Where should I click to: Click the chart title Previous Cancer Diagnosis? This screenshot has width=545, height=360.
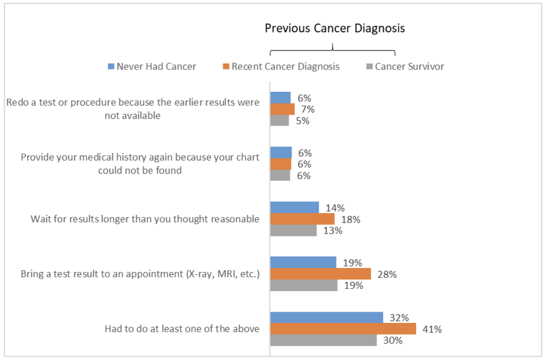335,29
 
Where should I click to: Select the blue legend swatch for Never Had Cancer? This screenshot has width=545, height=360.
110,67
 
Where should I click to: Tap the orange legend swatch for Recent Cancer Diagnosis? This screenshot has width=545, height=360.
226,67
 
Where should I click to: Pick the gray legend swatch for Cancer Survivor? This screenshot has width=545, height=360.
369,67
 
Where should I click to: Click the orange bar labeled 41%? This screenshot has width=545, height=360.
343,329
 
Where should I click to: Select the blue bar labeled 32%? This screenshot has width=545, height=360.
327,318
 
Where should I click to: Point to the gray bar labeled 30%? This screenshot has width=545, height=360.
323,340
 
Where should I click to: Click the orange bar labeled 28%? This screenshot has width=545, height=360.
321,274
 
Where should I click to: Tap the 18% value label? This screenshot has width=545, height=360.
352,220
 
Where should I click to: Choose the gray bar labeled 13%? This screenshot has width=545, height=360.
293,231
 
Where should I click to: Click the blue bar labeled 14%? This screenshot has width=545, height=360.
294,208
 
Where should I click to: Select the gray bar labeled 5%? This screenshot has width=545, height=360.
279,121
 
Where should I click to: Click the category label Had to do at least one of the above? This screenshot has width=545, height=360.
182,329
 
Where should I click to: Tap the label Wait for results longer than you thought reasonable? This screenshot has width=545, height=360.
145,219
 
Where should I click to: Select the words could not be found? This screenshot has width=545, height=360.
140,171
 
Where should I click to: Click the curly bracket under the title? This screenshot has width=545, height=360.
333,49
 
